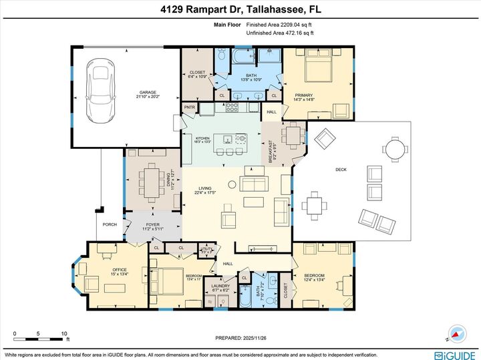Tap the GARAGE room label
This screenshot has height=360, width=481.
click(x=148, y=94)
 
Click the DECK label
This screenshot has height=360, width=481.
click(x=341, y=170)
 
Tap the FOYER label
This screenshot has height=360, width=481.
click(x=154, y=225)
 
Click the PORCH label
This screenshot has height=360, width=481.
click(x=110, y=224)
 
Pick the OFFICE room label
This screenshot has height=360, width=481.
click(x=100, y=270)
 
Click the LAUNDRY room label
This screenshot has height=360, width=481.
click(x=220, y=288)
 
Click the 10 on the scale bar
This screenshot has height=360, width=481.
click(x=63, y=333)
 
